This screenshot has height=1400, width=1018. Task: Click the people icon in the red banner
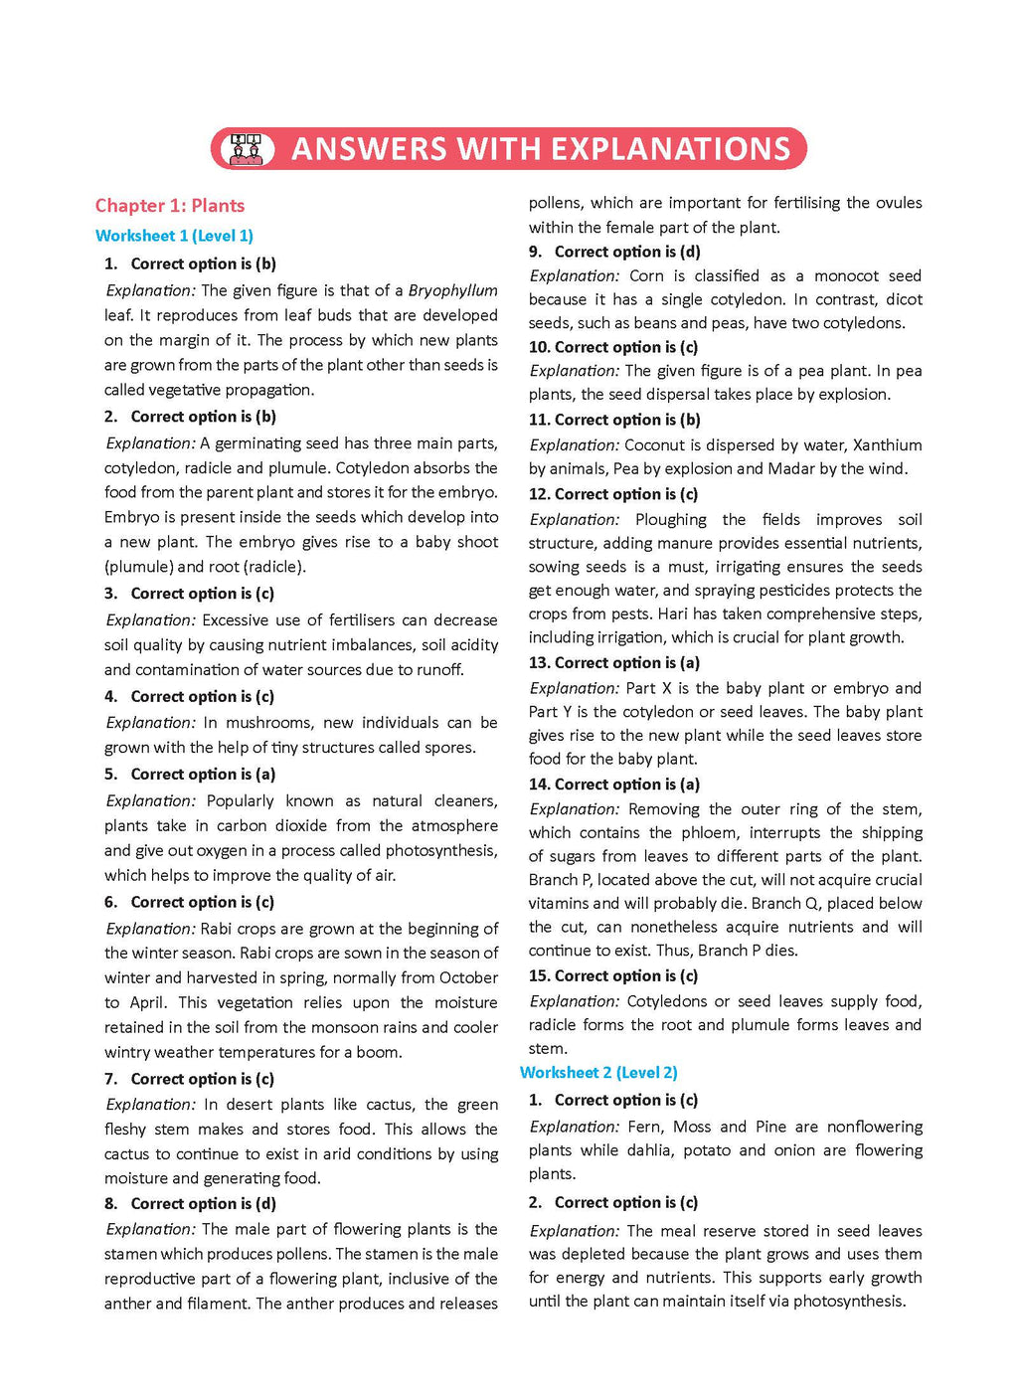click(x=246, y=149)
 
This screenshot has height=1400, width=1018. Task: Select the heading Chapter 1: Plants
click(x=170, y=206)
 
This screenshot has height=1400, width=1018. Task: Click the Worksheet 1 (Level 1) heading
click(x=174, y=236)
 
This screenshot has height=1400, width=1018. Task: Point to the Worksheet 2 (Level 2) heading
click(x=598, y=1073)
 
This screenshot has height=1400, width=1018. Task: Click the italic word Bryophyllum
click(x=452, y=290)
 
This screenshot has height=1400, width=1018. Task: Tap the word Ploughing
click(x=671, y=520)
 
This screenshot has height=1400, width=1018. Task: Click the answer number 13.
click(x=539, y=663)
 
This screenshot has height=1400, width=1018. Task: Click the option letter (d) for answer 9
click(x=690, y=253)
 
